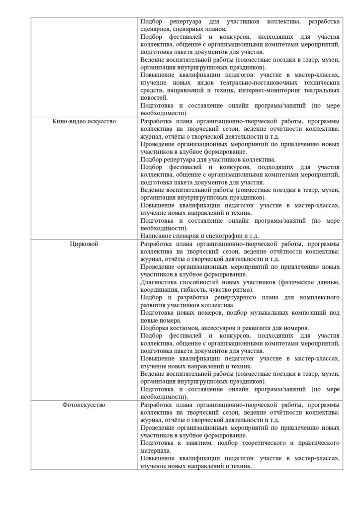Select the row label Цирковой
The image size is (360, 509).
(x=84, y=244)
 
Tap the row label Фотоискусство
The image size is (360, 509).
(x=84, y=405)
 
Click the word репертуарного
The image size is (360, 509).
(x=235, y=297)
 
